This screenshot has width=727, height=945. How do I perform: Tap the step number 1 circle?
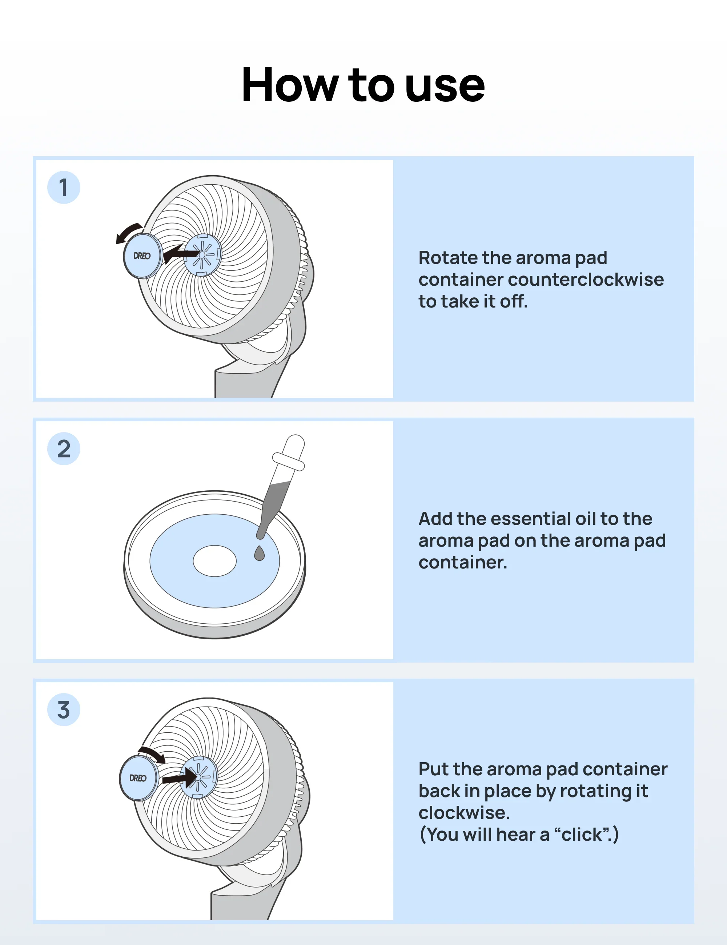tap(64, 187)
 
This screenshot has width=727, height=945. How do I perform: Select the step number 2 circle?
tap(64, 449)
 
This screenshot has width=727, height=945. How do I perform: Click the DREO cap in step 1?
tap(142, 256)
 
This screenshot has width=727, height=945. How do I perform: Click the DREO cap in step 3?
tap(138, 778)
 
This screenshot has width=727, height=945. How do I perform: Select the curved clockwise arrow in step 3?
tap(153, 754)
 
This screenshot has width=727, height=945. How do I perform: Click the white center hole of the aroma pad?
tap(214, 561)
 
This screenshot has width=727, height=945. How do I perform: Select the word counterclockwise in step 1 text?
tap(586, 280)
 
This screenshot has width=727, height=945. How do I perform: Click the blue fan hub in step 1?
tap(202, 254)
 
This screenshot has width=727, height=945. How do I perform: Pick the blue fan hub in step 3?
tap(198, 777)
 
